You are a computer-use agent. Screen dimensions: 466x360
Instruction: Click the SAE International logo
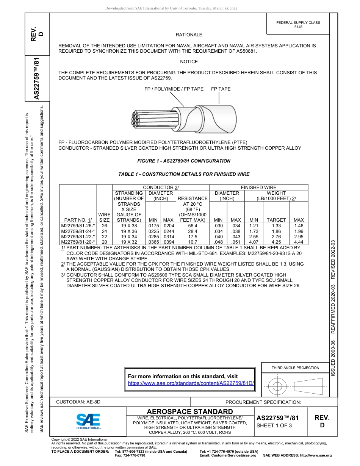click(x=88, y=421)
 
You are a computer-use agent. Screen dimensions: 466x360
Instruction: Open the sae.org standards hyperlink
click(x=191, y=383)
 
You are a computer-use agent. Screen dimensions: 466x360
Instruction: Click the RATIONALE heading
click(x=189, y=35)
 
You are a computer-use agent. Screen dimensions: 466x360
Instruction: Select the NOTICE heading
click(x=189, y=61)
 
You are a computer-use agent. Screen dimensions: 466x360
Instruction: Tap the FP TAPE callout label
click(x=221, y=89)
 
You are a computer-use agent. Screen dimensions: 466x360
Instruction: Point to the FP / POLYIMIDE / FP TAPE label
click(x=174, y=89)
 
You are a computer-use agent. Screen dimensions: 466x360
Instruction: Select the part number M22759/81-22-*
click(x=78, y=236)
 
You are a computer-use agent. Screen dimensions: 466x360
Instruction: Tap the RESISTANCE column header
click(x=193, y=198)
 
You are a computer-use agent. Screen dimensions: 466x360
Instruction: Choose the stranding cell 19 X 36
click(x=129, y=231)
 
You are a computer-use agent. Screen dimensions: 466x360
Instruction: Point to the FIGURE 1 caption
click(x=184, y=161)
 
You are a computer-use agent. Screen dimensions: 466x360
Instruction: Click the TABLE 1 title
click(x=184, y=174)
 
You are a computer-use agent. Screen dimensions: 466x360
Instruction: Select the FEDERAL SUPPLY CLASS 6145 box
click(x=298, y=25)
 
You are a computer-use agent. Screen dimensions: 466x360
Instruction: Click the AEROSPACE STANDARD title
click(x=189, y=412)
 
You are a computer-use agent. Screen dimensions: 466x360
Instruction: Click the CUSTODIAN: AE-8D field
click(x=78, y=402)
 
